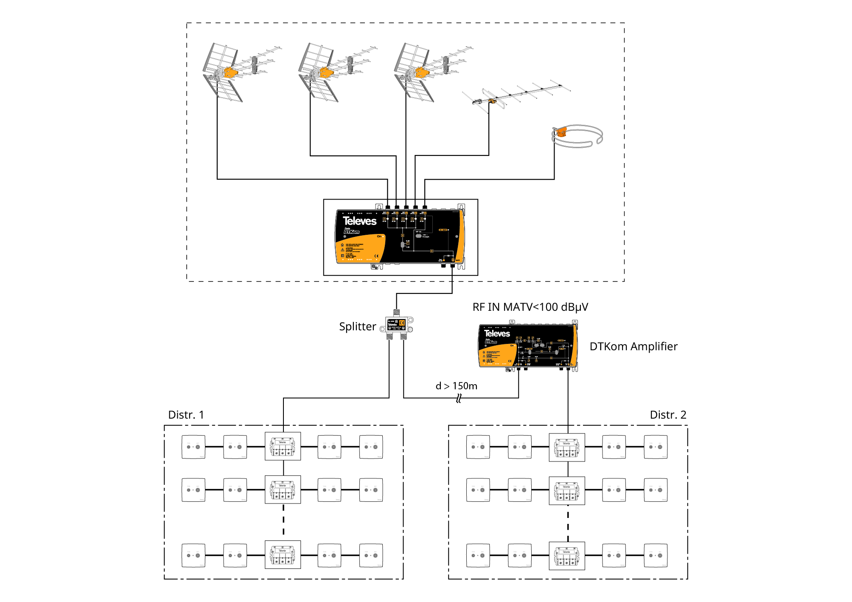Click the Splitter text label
tap(357, 326)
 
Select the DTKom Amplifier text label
tap(633, 346)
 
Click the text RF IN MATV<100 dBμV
tap(530, 307)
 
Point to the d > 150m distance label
tap(456, 386)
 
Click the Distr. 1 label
tap(186, 415)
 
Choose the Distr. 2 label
tap(668, 415)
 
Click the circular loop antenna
tap(577, 136)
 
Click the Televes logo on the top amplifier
tap(359, 221)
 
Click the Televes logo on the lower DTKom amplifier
tap(497, 334)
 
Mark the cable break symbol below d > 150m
tap(459, 398)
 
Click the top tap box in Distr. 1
tap(283, 446)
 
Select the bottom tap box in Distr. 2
tap(566, 556)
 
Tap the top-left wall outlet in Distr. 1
tap(193, 447)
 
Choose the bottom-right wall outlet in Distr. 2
tap(655, 555)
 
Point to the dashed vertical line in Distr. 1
tap(283, 522)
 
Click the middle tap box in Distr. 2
tap(566, 491)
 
